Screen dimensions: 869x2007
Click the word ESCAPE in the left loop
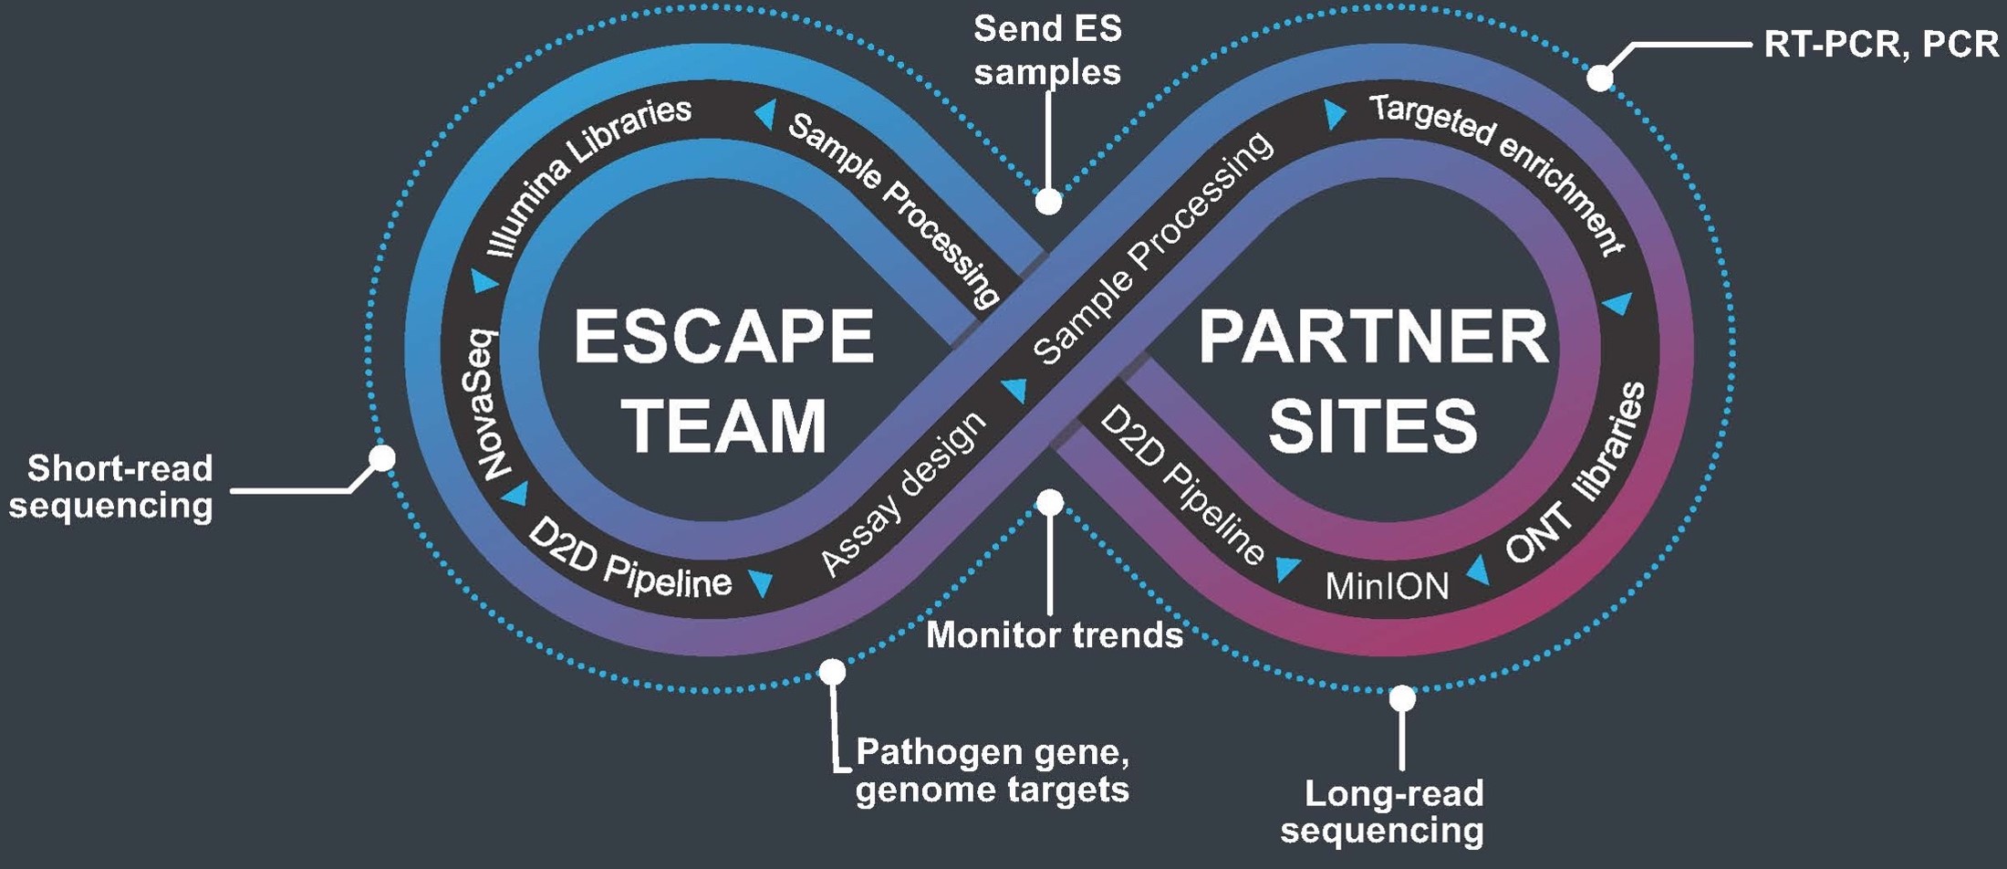[x=723, y=337]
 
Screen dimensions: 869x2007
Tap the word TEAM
[x=723, y=425]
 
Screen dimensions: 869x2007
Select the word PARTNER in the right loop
[x=1373, y=338]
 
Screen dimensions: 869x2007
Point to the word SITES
[x=1373, y=425]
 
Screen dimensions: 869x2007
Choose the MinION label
[x=1387, y=586]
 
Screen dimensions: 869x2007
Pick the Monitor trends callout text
[x=1055, y=635]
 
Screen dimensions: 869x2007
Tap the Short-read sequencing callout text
[x=111, y=487]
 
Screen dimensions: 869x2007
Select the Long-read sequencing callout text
[x=1383, y=812]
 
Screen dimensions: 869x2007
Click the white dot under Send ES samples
[x=1049, y=202]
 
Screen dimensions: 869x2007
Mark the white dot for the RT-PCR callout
[x=1599, y=79]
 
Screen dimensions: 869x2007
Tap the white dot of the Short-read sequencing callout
[x=382, y=457]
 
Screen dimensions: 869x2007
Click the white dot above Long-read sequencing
[x=1402, y=699]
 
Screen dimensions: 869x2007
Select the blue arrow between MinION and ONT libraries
[x=1479, y=572]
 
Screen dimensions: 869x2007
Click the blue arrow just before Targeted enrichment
[x=1335, y=114]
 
